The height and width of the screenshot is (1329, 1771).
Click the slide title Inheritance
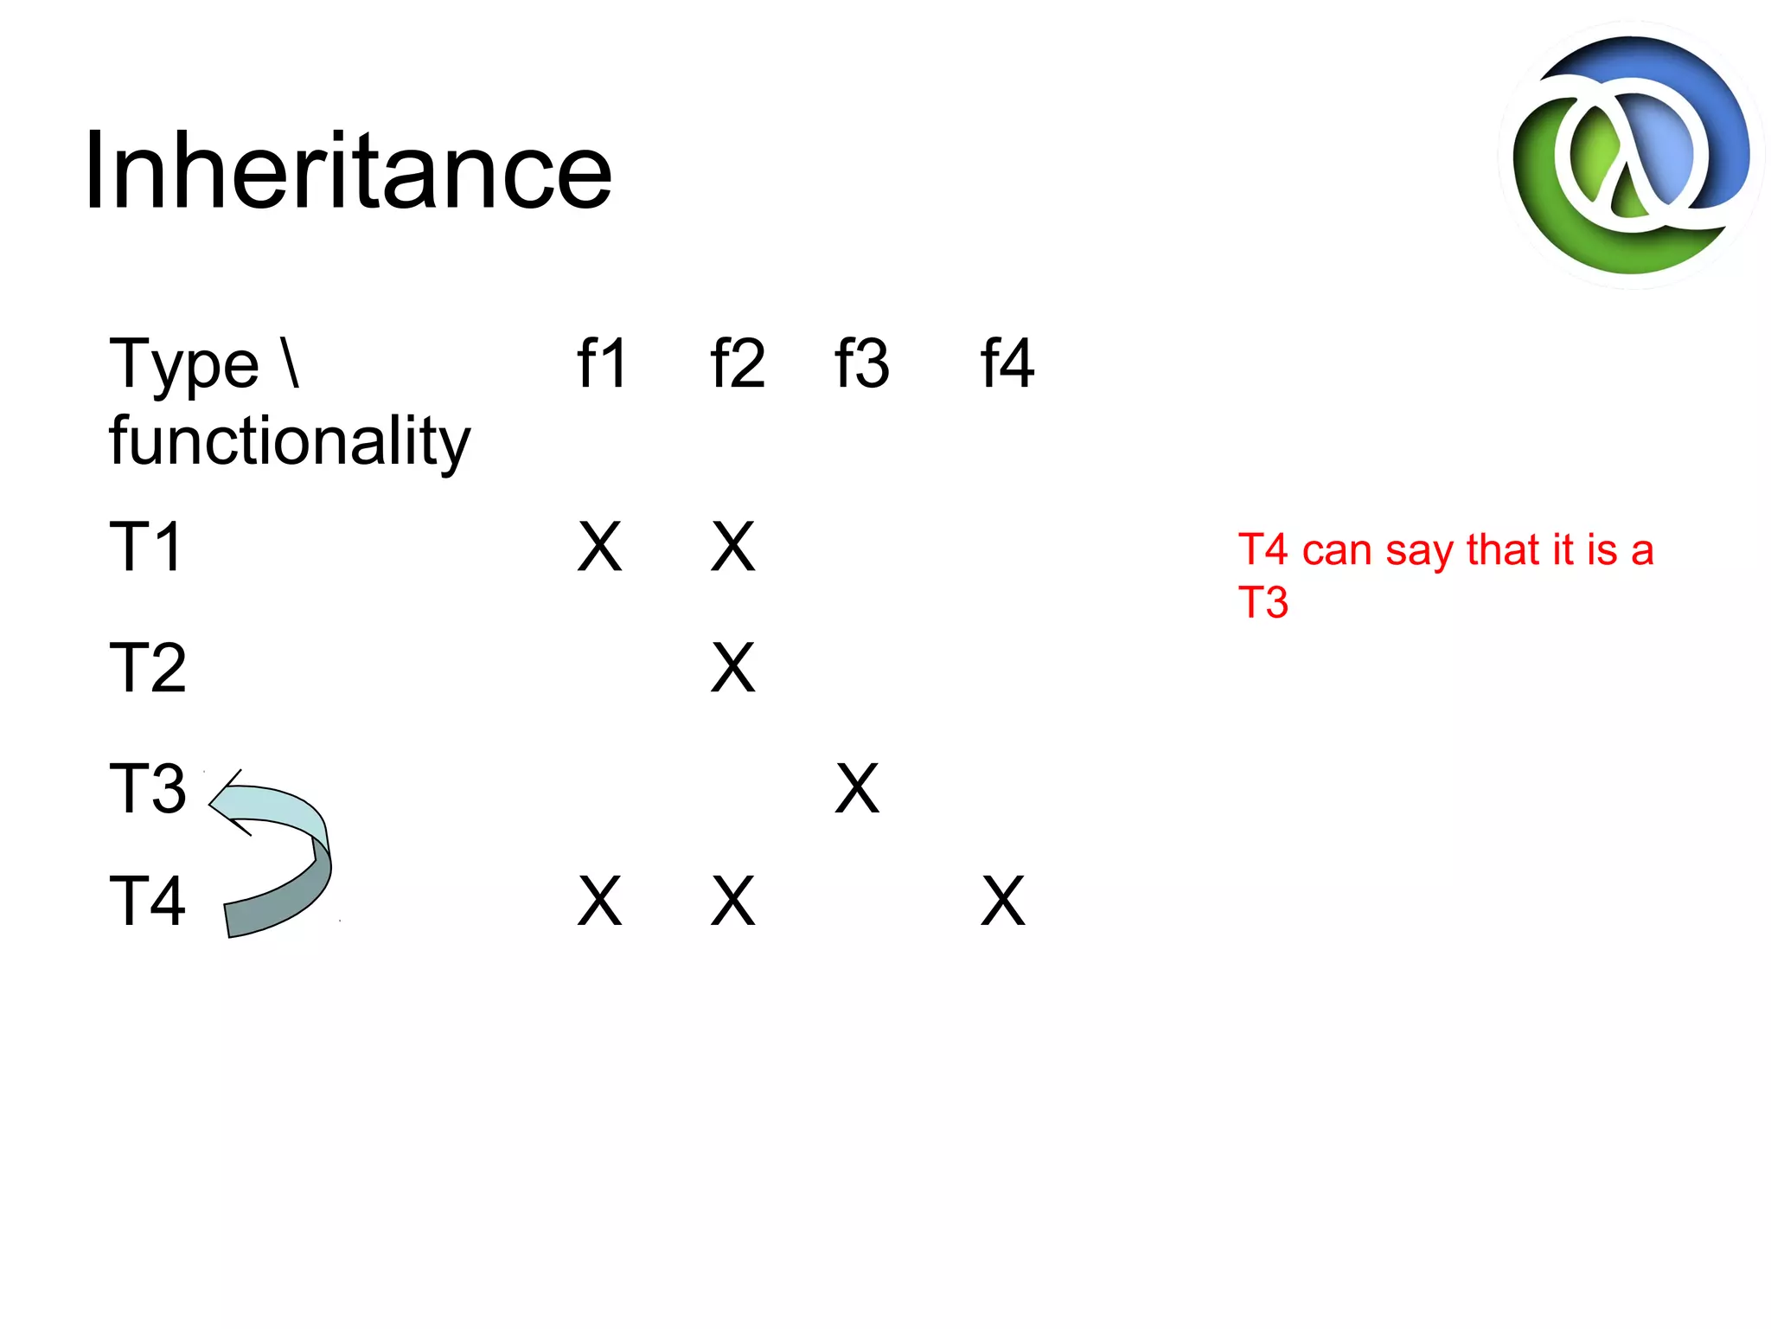click(x=348, y=170)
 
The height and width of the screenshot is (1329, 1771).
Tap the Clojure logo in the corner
click(x=1631, y=156)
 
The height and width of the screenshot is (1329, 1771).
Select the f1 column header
click(x=602, y=363)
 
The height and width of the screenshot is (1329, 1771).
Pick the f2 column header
click(x=737, y=363)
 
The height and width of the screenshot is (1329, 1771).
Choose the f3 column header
click(x=861, y=363)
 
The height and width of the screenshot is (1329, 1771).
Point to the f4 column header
click(x=1007, y=363)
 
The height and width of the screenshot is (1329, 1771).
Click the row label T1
click(x=146, y=547)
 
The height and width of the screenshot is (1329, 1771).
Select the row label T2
click(x=148, y=668)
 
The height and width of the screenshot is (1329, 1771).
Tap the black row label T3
click(x=148, y=788)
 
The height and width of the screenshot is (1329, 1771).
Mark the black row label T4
click(x=148, y=901)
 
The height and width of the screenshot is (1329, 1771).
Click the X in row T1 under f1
click(x=599, y=547)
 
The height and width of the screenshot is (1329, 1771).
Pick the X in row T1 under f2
click(x=732, y=547)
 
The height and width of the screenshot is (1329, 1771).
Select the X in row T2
click(x=732, y=668)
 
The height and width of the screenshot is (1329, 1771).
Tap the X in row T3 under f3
click(x=857, y=788)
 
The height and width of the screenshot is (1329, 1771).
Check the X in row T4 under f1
click(x=599, y=902)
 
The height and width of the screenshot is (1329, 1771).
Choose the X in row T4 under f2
click(x=732, y=902)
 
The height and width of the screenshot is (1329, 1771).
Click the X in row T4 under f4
click(x=1002, y=902)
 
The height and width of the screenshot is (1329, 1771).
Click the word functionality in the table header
click(x=290, y=440)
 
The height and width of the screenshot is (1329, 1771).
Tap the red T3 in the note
click(x=1263, y=602)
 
